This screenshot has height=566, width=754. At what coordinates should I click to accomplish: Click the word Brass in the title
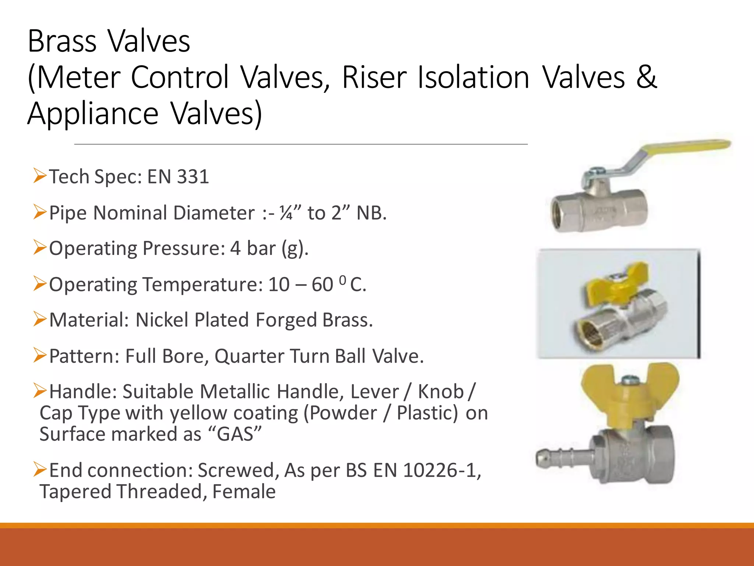pyautogui.click(x=62, y=41)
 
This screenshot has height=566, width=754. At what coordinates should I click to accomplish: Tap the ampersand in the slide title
pyautogui.click(x=646, y=77)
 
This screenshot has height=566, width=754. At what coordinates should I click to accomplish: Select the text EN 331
pyautogui.click(x=178, y=177)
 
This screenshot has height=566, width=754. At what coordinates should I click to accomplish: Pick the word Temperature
pyautogui.click(x=203, y=284)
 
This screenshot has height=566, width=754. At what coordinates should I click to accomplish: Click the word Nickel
pyautogui.click(x=162, y=320)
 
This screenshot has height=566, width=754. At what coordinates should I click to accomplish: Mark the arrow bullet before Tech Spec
pyautogui.click(x=40, y=175)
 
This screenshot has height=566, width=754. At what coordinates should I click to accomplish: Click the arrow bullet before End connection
pyautogui.click(x=40, y=469)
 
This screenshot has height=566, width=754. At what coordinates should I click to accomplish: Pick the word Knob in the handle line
pyautogui.click(x=441, y=391)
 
